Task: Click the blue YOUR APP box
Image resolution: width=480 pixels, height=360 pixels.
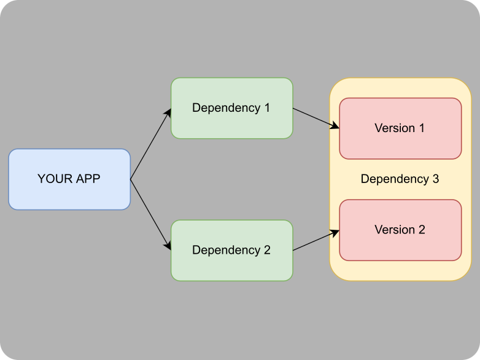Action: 69,179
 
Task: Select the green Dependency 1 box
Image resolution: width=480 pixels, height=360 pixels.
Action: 232,108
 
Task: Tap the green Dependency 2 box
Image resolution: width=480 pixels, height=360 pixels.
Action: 232,250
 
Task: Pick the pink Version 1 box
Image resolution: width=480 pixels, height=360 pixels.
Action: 400,128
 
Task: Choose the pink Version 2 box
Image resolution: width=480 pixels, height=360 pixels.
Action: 400,230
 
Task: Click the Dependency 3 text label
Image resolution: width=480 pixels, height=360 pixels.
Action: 400,179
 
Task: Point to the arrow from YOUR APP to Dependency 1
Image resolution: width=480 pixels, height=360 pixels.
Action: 150,144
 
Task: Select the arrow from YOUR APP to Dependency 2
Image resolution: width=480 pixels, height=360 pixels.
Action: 150,215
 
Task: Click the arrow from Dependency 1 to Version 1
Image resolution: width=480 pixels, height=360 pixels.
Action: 316,119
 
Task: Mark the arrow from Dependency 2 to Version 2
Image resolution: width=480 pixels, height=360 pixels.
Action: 316,240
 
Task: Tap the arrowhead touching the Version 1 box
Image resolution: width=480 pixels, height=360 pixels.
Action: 335,125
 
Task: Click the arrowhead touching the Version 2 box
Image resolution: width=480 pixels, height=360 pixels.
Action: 335,233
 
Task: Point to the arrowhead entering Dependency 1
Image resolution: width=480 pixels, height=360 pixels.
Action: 168,113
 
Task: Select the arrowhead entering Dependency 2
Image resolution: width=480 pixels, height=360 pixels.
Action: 168,246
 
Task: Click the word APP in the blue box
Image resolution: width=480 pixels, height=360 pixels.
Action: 88,179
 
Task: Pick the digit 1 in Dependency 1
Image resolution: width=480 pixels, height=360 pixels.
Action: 267,108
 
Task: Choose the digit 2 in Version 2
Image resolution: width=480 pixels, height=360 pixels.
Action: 422,230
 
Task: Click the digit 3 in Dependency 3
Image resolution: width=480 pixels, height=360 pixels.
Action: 436,179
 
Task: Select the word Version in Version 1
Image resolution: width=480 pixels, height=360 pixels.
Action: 395,128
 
